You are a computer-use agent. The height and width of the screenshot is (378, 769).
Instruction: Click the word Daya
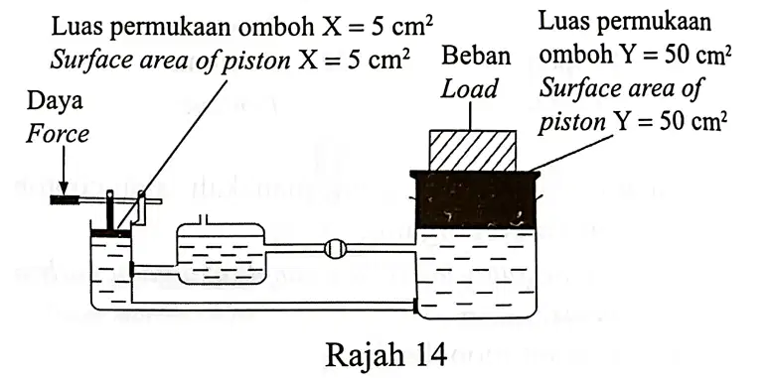55,103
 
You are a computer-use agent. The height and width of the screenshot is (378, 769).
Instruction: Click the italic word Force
58,134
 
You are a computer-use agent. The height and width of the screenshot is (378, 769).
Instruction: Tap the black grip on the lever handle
67,199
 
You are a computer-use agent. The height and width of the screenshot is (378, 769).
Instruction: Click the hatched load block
472,151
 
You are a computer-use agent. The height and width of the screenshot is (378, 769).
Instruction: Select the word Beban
476,57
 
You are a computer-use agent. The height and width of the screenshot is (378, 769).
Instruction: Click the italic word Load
469,89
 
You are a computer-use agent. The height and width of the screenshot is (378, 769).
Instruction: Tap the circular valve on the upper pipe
336,248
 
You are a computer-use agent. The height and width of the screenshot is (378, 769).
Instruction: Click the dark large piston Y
475,199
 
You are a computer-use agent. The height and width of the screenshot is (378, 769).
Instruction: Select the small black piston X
110,233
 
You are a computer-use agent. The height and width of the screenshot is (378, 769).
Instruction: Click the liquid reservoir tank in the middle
221,254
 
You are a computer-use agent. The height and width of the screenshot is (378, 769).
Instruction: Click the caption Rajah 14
385,355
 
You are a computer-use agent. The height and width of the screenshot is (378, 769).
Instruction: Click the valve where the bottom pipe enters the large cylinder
416,306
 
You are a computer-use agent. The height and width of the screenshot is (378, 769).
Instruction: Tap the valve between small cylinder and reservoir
132,269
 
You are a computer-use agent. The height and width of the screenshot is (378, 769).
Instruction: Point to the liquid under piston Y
475,272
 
